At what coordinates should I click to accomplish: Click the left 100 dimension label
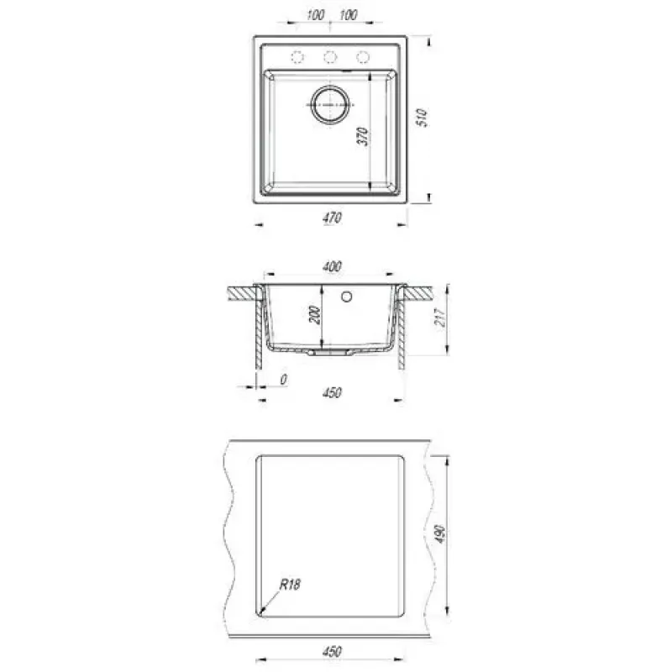click(316, 15)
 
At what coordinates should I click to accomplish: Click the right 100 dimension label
click(348, 15)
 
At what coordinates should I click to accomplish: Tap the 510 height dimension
click(423, 118)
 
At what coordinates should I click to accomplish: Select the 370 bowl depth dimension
click(363, 136)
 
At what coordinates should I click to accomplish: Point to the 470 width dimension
click(332, 218)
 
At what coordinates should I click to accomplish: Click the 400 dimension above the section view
click(332, 266)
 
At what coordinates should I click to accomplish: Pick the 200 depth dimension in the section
click(315, 315)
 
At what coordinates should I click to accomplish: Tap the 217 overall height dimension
click(441, 318)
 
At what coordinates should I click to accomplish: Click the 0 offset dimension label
click(283, 380)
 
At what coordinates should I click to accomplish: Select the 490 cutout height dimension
click(441, 534)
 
